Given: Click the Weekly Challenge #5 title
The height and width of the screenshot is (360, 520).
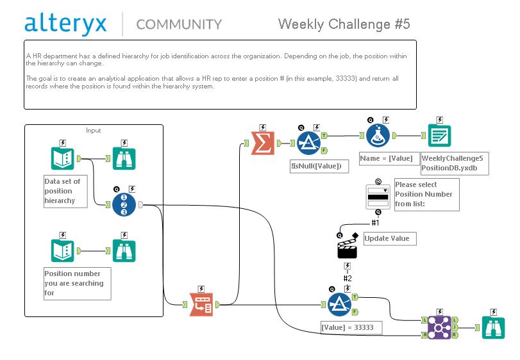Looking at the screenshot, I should pos(344,24).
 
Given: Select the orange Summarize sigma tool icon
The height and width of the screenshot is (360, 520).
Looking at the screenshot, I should pos(262,144).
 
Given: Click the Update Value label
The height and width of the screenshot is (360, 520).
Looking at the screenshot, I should pos(387,238).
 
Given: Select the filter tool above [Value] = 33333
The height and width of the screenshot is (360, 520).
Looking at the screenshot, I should pos(340,304).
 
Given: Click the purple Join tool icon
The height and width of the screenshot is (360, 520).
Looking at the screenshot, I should pos(439,327).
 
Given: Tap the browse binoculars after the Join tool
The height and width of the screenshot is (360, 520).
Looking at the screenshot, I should pos(491,327).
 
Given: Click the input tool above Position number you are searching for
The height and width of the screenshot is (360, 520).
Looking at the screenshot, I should pos(63,251).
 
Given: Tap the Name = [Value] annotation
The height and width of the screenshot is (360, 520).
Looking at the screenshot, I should pos(387,158).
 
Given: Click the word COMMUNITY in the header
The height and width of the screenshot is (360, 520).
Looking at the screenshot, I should pos(179,24).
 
